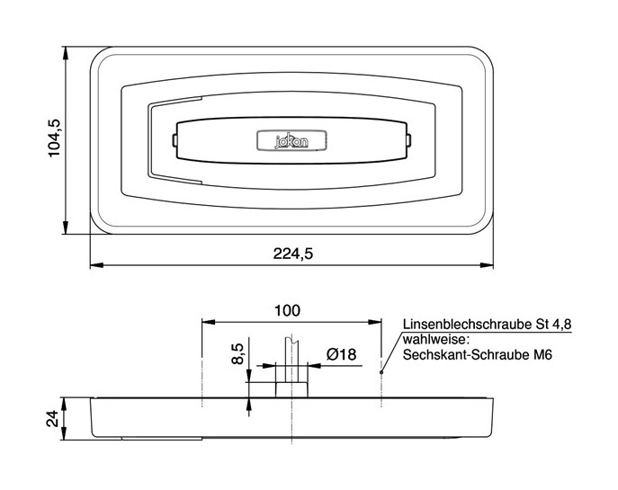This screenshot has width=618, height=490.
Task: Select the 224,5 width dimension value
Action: (293, 254)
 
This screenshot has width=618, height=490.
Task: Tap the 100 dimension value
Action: (287, 311)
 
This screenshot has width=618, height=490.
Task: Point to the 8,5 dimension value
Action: (237, 354)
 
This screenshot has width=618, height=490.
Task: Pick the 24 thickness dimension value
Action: (52, 419)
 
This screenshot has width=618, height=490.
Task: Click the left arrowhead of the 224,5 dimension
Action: (95, 265)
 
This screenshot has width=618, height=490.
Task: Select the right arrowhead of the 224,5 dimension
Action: (490, 265)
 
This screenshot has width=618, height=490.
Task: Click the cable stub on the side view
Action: (290, 355)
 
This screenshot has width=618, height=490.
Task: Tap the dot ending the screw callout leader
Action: (382, 370)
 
